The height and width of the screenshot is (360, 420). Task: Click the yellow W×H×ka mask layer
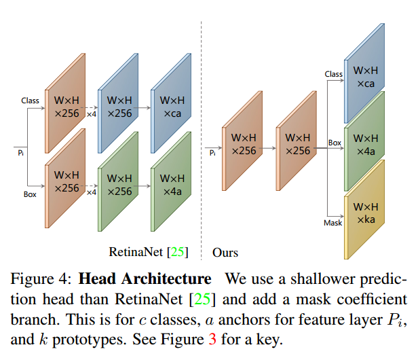point(364,210)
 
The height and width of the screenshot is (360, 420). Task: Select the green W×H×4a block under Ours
point(364,141)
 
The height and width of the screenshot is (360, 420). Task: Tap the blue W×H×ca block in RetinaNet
point(171,103)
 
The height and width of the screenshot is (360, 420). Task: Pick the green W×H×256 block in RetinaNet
point(118,181)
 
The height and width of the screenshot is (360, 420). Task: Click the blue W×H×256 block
point(118,103)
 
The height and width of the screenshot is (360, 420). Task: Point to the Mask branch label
point(332,223)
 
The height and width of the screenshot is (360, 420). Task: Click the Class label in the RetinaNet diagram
point(30,101)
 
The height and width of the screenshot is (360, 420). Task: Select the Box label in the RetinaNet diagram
point(30,194)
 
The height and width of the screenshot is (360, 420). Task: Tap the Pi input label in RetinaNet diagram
point(20,153)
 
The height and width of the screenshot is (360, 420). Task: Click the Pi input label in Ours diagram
point(212,153)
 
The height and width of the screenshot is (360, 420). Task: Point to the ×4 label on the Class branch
point(92,114)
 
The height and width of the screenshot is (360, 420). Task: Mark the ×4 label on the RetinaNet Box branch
point(92,192)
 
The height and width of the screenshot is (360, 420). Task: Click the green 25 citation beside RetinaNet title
point(177,252)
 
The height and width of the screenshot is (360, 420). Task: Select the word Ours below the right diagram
point(225,253)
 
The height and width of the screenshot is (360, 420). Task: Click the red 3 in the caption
point(212,339)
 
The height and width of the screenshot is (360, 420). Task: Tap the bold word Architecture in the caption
point(166,278)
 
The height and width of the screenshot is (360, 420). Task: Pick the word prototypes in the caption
point(89,340)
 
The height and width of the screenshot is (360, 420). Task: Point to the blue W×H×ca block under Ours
point(364,73)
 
